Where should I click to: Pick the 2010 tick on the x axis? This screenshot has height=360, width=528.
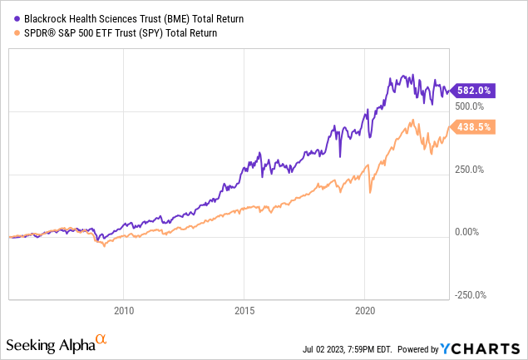pos(123,308)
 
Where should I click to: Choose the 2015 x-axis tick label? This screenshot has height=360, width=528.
pos(244,308)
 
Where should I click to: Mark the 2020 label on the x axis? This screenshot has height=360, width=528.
pos(366,308)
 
